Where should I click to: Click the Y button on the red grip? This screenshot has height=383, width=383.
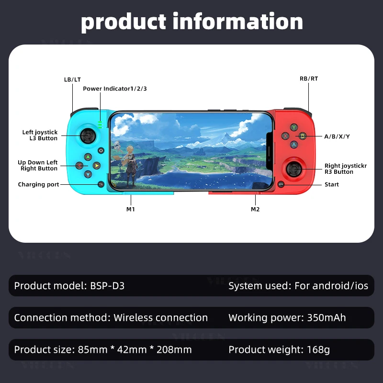(x=294, y=127)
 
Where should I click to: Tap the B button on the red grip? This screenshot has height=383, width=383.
(x=303, y=136)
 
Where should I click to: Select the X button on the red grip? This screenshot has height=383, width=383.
(x=286, y=136)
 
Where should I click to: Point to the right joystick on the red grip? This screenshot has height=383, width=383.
(x=294, y=168)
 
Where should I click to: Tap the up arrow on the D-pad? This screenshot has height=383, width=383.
(x=88, y=157)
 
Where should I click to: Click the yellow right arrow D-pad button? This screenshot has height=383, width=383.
(x=97, y=166)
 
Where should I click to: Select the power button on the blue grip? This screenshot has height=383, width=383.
(x=101, y=150)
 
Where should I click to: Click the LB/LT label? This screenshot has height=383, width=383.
(x=72, y=79)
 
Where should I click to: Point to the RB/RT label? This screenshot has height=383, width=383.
(x=309, y=79)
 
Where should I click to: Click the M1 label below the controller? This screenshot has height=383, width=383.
(x=130, y=209)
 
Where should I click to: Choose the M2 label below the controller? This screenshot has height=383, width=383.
(x=256, y=209)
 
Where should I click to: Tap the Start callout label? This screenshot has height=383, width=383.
(x=332, y=184)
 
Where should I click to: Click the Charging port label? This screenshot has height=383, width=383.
(x=38, y=184)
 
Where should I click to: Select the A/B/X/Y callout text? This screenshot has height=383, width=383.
(x=337, y=136)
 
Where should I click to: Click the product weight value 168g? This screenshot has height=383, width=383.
(x=317, y=349)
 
